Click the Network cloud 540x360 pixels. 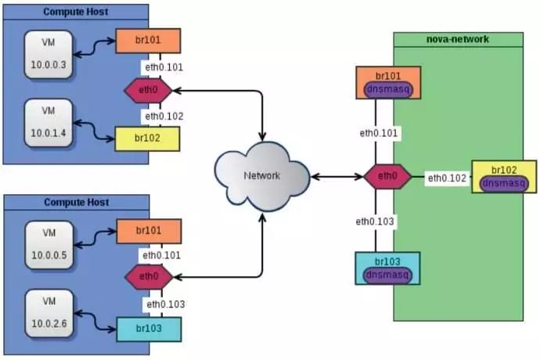(x=261, y=176)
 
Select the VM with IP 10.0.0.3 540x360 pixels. (x=49, y=55)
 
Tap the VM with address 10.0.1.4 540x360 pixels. (x=49, y=123)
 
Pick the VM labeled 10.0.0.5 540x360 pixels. (x=49, y=245)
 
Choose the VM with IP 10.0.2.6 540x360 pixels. (x=49, y=313)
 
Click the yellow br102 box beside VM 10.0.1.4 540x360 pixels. (x=147, y=139)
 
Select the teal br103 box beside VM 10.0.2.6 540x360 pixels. (x=149, y=329)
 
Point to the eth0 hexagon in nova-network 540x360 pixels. (x=387, y=176)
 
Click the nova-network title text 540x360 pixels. (x=457, y=39)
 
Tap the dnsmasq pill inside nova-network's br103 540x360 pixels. (x=387, y=275)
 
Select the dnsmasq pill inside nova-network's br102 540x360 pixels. (x=504, y=183)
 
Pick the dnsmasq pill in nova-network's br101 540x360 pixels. (x=388, y=89)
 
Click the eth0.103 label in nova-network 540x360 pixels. (x=375, y=221)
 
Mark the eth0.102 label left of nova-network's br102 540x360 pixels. (x=447, y=178)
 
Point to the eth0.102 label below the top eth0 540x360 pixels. (x=164, y=117)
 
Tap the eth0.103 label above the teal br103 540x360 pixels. (x=166, y=304)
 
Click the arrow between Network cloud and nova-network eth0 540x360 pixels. (x=337, y=177)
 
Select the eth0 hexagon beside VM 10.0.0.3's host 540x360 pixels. (x=148, y=90)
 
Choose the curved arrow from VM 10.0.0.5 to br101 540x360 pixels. (x=95, y=238)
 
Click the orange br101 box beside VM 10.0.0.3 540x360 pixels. (x=148, y=41)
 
